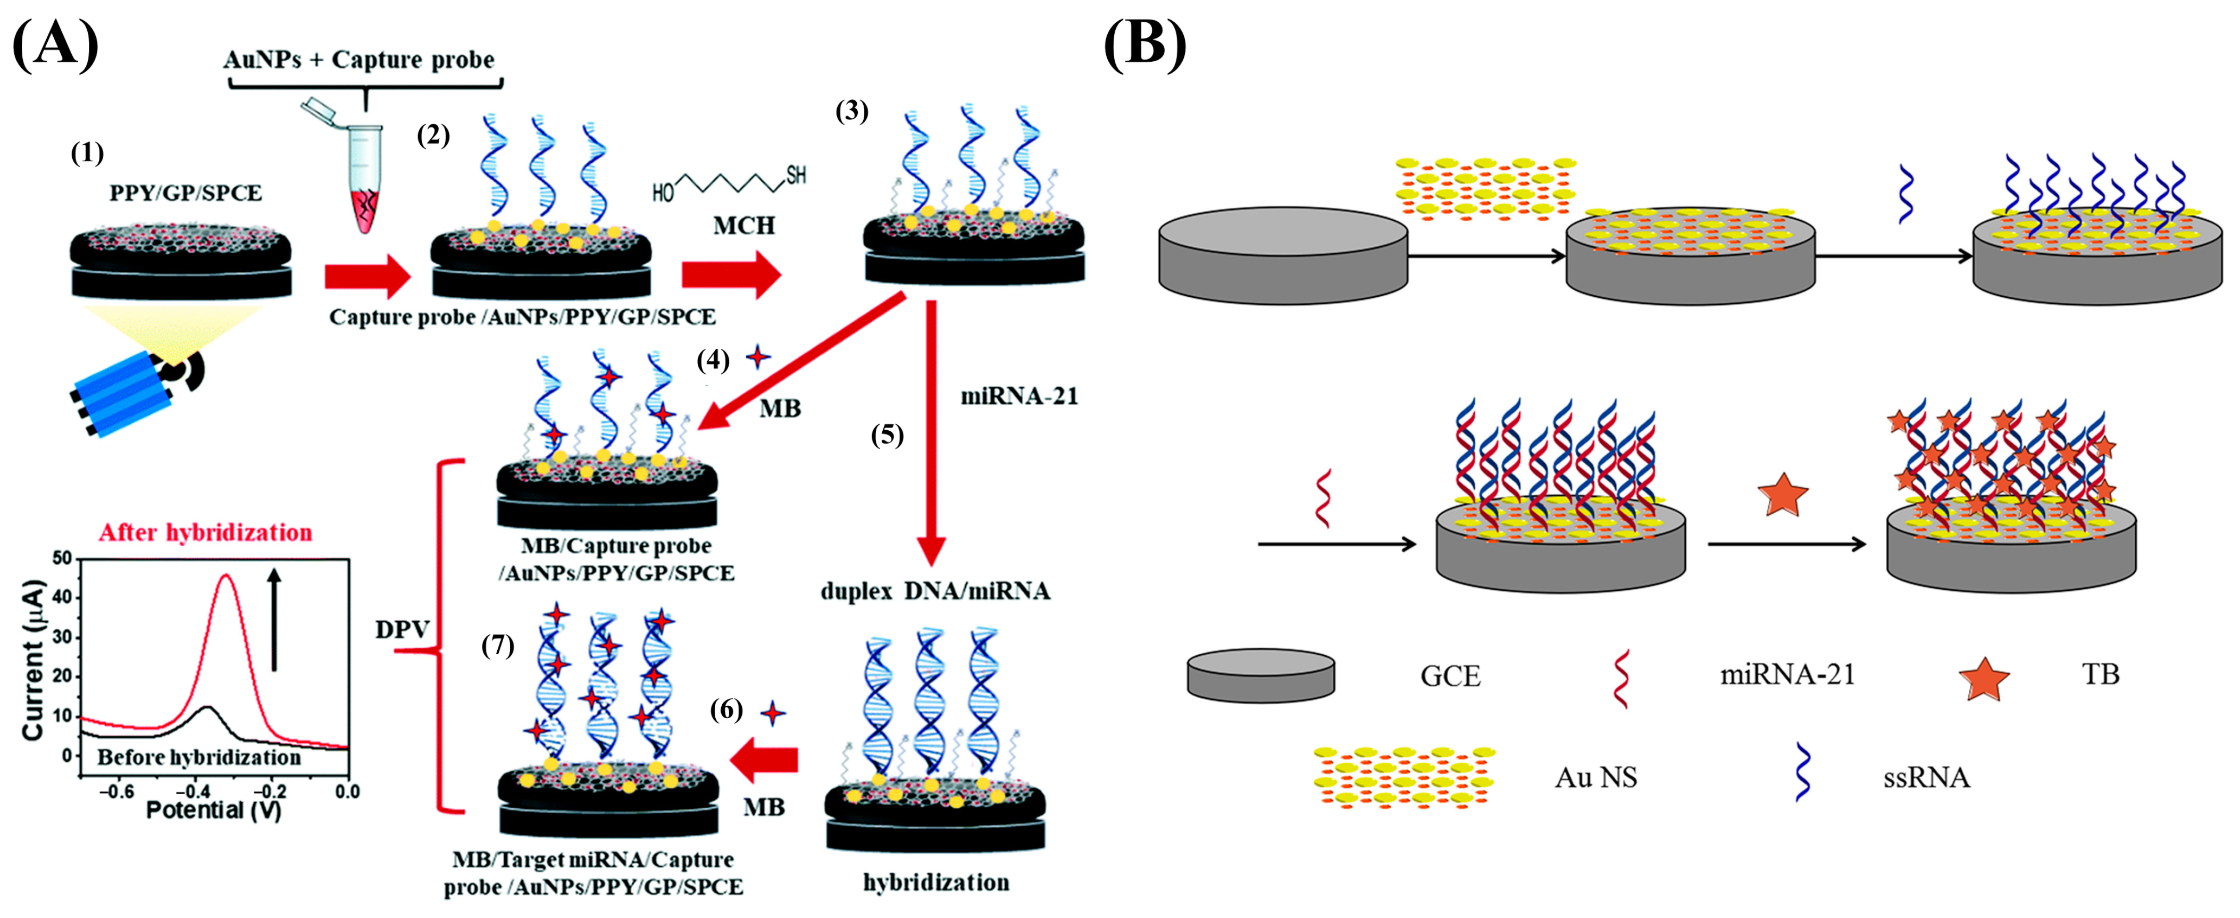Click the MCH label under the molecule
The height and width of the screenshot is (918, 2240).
point(743,226)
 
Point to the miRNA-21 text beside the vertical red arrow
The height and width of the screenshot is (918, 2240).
point(1018,396)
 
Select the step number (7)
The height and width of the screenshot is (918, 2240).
point(497,646)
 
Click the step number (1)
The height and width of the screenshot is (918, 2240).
point(87,153)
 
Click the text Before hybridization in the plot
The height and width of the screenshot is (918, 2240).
point(198,757)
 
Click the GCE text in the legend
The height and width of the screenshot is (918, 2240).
point(1450,675)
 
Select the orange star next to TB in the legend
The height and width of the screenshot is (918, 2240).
point(1984,678)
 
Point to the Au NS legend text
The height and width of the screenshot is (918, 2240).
point(1595,777)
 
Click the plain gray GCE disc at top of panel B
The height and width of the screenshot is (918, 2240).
point(1283,256)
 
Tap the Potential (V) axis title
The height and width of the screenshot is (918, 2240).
point(213,810)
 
